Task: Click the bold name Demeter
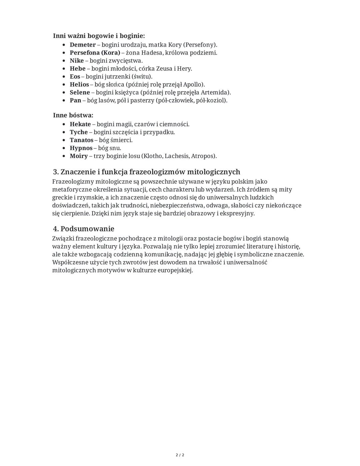tap(82, 45)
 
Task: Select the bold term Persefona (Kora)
tap(95, 53)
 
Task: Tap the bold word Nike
tap(77, 61)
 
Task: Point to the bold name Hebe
tap(78, 69)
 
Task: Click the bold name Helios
tap(79, 85)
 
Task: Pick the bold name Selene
tap(80, 92)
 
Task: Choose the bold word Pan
tap(75, 100)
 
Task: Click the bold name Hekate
tap(80, 124)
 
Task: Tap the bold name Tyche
tap(79, 132)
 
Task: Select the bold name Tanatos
tap(81, 140)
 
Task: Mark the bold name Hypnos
tap(81, 148)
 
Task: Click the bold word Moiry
tap(79, 156)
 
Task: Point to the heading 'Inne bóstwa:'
tap(73, 115)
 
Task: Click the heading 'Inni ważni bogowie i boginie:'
tap(99, 36)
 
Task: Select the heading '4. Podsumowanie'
tap(84, 229)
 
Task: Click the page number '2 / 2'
tap(180, 455)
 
